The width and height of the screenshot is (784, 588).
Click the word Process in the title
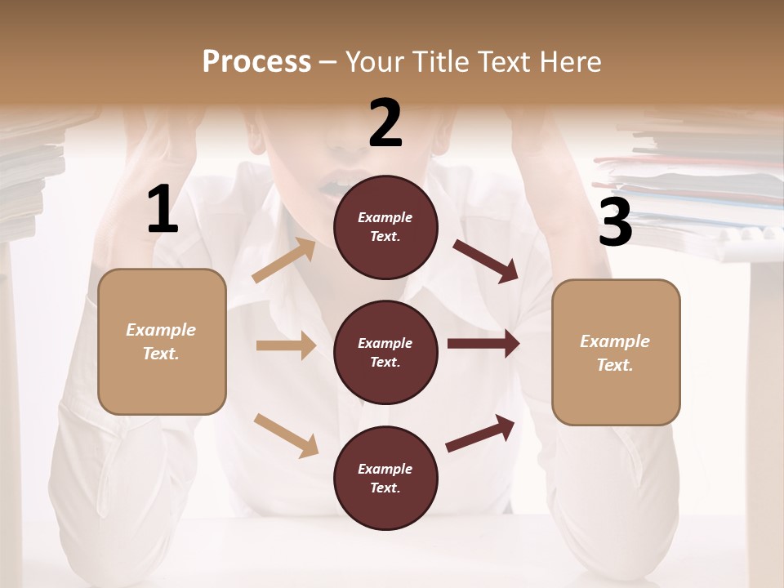click(256, 62)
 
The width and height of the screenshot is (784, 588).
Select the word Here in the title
click(569, 62)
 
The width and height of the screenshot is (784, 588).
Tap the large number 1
click(163, 210)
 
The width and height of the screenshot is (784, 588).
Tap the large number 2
click(385, 123)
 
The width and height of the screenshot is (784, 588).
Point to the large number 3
click(615, 223)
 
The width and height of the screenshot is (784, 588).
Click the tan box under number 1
click(162, 341)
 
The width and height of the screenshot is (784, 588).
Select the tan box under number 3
click(616, 352)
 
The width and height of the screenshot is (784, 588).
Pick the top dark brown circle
click(385, 227)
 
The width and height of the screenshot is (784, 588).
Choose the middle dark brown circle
click(385, 352)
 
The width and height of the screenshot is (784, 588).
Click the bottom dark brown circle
click(385, 478)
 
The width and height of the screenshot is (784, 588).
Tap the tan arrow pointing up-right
click(284, 260)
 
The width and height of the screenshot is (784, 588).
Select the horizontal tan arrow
click(286, 345)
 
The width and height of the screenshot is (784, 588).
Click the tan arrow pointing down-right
click(286, 435)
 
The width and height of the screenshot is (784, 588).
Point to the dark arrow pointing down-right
click(486, 261)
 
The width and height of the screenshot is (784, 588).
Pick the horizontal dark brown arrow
click(483, 344)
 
